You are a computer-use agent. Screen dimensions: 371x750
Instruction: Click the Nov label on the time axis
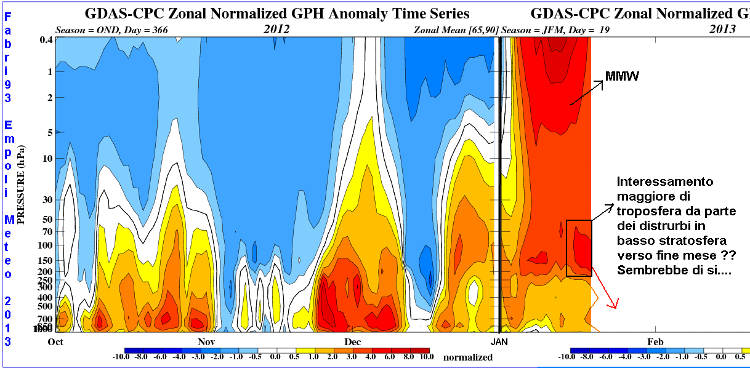click(206, 340)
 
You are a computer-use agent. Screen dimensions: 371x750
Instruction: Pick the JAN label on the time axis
click(499, 340)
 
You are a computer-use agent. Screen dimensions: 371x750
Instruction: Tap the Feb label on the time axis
click(654, 340)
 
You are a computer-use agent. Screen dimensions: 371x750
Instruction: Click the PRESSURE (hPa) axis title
click(22, 184)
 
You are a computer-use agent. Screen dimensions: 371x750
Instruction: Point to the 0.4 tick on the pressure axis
click(46, 40)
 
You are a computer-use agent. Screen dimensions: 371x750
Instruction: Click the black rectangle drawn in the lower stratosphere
click(579, 247)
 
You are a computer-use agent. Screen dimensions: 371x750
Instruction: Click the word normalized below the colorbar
click(468, 357)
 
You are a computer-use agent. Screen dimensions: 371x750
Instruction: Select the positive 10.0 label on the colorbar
click(425, 356)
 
